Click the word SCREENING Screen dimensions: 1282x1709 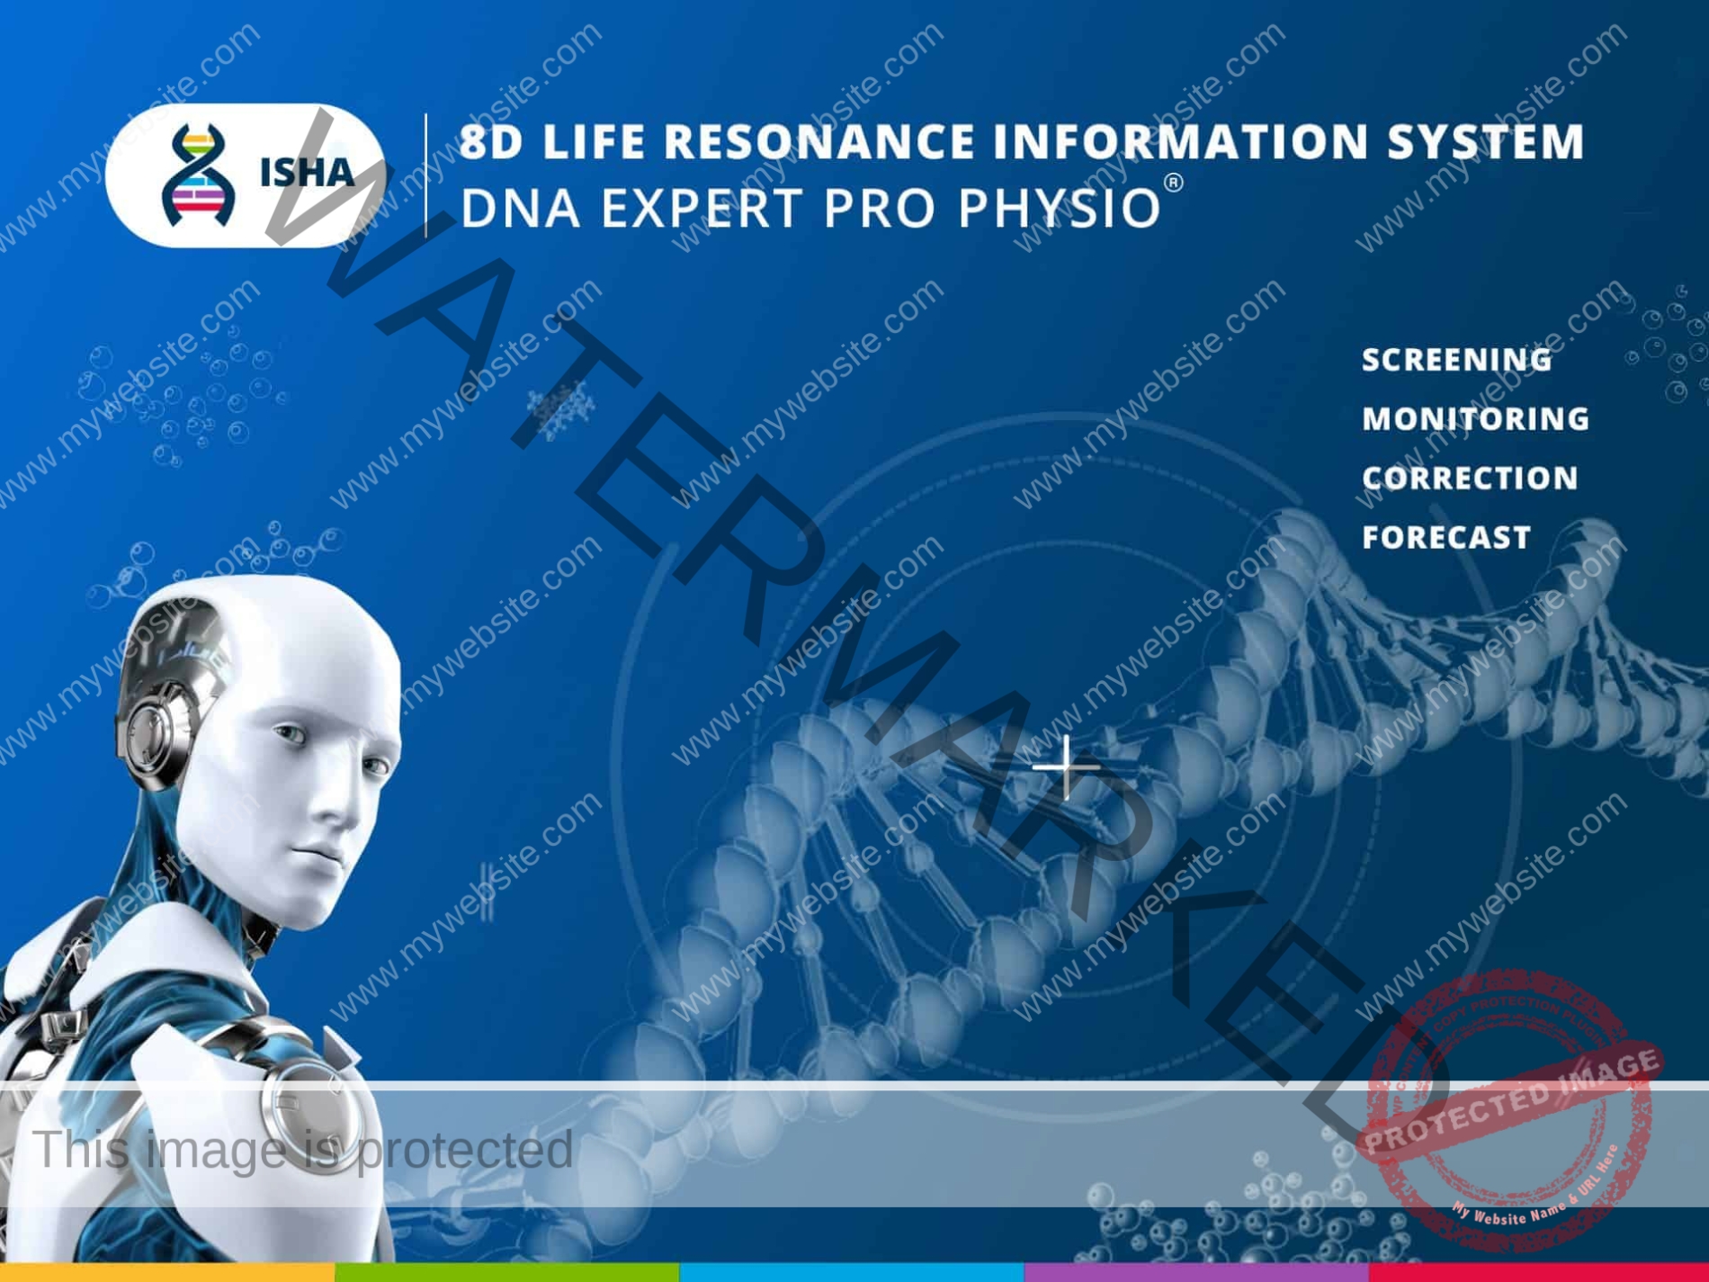[1456, 360]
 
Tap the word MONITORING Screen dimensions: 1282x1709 [1475, 419]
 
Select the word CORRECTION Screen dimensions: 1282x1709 [1470, 479]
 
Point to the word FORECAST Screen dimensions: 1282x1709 [1446, 538]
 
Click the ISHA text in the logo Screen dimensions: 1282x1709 [307, 173]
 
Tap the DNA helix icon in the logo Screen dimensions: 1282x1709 [198, 175]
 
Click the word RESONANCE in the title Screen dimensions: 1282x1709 [819, 142]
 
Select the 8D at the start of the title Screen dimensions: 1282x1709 [491, 142]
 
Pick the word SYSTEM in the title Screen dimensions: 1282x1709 [1485, 142]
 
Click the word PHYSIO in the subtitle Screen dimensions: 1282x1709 [1059, 209]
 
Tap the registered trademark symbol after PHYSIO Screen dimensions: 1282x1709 [1174, 184]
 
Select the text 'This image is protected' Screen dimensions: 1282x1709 [302, 1150]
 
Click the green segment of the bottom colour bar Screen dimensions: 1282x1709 [506, 1272]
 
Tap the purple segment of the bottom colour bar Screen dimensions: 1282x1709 [1196, 1272]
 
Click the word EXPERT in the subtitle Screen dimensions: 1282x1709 [701, 209]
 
